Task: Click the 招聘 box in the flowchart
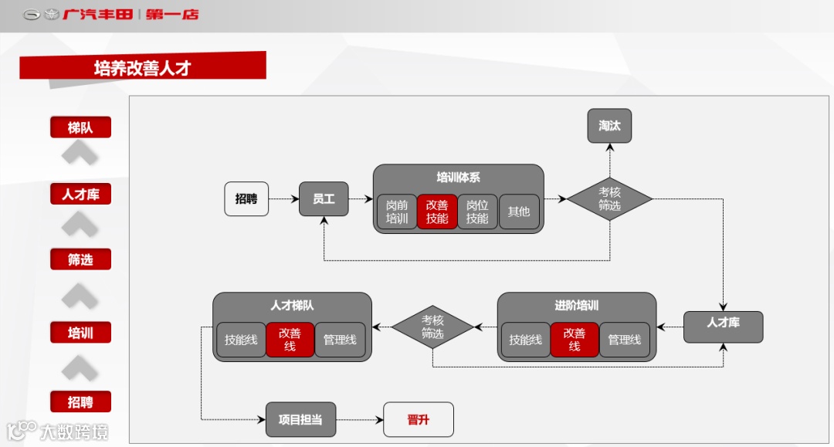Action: pos(246,199)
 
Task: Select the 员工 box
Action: pos(324,199)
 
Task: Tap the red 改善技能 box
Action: pos(437,212)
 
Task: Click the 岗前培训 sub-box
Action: pos(397,212)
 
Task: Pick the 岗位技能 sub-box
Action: pos(477,212)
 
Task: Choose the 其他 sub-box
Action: pos(519,212)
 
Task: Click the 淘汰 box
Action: pos(609,126)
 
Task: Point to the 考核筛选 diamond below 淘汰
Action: pos(609,199)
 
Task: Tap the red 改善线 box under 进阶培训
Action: pos(575,340)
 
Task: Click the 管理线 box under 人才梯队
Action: pos(340,340)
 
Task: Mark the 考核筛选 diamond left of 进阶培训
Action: pos(432,327)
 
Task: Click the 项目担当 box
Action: pos(300,420)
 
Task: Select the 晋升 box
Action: pos(419,420)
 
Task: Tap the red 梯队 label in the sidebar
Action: pos(80,127)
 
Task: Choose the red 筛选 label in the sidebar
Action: pos(80,259)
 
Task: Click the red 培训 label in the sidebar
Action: pos(80,333)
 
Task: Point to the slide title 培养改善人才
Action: pos(143,68)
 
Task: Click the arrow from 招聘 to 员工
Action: pos(283,199)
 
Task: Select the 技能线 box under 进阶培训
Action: pos(526,340)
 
